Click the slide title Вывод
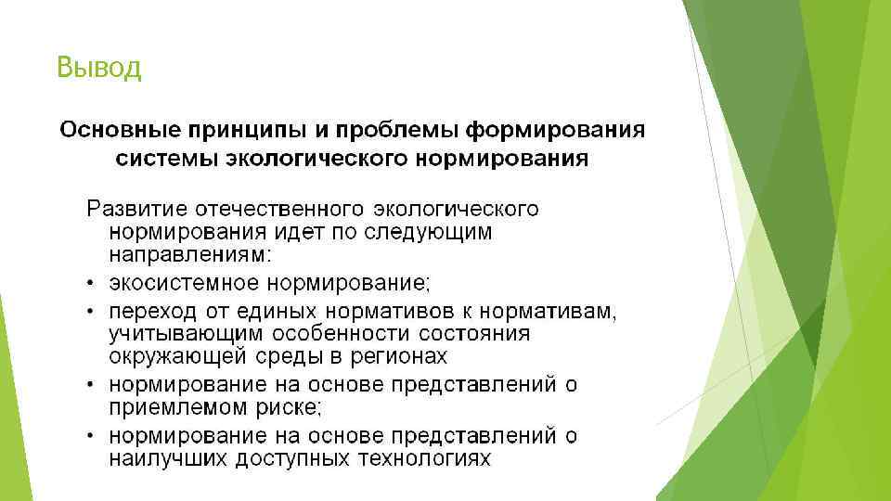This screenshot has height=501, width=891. click(x=98, y=68)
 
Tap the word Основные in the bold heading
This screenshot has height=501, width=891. click(x=122, y=129)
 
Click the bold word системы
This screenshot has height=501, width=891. click(x=167, y=158)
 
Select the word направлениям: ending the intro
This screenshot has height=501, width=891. click(x=190, y=253)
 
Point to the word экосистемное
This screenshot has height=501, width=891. click(x=185, y=280)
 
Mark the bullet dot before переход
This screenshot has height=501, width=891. click(x=93, y=309)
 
